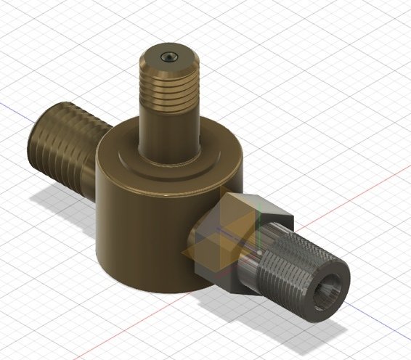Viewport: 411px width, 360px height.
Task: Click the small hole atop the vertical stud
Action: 168,56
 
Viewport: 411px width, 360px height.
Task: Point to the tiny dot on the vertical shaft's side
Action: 197,134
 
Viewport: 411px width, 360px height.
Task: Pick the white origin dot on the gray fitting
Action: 256,251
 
